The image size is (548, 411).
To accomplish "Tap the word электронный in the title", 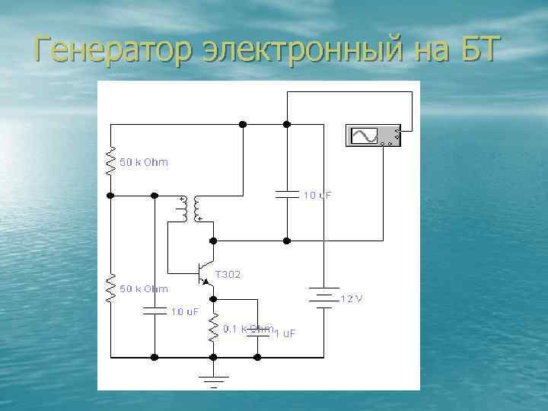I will click(x=292, y=49).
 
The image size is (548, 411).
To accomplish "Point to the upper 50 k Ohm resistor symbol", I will click(x=111, y=162).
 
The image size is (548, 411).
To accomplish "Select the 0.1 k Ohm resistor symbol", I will click(x=214, y=328).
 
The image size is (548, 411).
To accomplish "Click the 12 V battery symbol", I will click(x=324, y=298).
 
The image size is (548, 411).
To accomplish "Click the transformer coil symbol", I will click(x=190, y=209).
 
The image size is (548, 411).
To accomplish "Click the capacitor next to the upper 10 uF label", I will click(x=288, y=195).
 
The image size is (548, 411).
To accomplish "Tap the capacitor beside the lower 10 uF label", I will click(x=155, y=310).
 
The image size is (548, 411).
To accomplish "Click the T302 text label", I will click(x=228, y=274).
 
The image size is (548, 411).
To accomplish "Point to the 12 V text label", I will click(x=351, y=298).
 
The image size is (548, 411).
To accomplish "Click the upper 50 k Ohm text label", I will click(x=145, y=162).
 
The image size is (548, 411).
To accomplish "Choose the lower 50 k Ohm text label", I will click(x=145, y=288).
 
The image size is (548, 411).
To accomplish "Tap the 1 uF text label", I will click(x=285, y=333).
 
